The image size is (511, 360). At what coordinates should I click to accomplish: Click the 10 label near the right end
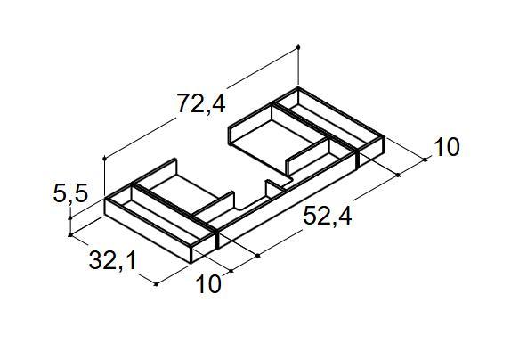coord(446,147)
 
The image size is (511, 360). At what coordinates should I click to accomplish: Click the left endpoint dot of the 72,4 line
coord(105,159)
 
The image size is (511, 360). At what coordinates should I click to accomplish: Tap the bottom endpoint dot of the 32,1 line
coord(157,284)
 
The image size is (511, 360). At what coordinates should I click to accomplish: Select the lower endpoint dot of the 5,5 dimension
coord(70,235)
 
